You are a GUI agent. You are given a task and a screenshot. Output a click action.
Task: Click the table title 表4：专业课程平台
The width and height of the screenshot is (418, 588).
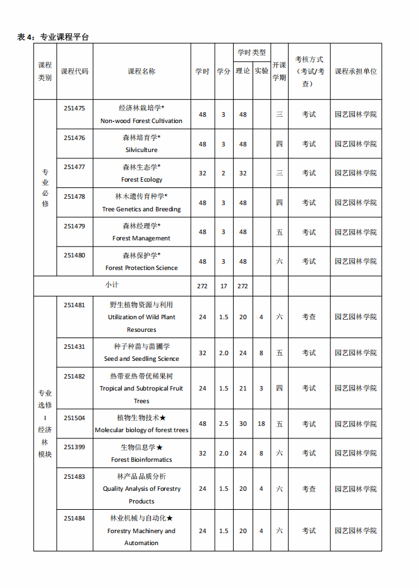[53, 37]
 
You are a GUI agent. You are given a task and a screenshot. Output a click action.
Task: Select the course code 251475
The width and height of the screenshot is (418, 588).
[74, 108]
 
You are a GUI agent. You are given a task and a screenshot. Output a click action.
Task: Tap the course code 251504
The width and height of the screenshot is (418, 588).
[74, 417]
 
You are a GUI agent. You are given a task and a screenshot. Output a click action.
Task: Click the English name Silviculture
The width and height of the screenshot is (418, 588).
[141, 150]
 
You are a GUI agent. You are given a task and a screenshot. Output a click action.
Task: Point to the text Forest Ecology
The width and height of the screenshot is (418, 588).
[141, 180]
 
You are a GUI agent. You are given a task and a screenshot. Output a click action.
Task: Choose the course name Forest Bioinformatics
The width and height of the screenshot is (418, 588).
[141, 460]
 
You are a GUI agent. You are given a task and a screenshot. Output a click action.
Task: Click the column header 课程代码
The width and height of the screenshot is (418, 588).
[75, 71]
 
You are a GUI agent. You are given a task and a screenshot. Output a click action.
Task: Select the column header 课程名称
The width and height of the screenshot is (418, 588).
[141, 71]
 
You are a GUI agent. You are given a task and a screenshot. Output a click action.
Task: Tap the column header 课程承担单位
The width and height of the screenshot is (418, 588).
[355, 71]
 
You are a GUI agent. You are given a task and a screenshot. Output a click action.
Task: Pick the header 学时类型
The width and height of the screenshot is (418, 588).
[251, 52]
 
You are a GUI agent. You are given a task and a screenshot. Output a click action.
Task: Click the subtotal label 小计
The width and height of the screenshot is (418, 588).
[112, 285]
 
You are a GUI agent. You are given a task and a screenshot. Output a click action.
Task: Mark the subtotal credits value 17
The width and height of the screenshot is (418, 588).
[224, 286]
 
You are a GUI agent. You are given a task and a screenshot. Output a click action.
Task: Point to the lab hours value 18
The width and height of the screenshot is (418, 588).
[261, 424]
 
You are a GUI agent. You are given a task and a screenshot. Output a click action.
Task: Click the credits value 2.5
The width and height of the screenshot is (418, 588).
[224, 424]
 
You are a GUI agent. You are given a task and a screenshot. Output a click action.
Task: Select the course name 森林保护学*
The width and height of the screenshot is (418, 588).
[141, 256]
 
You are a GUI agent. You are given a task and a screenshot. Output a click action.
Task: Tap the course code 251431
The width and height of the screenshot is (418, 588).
[74, 346]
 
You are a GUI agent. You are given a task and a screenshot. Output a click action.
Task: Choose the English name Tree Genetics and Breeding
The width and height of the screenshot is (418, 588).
[141, 209]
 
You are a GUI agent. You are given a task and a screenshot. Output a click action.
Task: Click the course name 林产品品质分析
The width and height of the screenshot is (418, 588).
[141, 476]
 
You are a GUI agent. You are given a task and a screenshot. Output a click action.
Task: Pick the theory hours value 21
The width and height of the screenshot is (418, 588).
[243, 388]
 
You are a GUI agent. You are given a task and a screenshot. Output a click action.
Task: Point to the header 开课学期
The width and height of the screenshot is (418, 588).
[279, 71]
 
